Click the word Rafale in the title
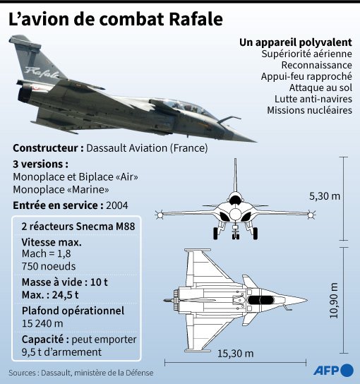point(196,19)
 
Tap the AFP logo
point(334,370)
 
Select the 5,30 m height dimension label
point(325,196)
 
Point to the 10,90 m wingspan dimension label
point(334,300)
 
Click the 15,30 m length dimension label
point(235,354)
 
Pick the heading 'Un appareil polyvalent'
point(296,42)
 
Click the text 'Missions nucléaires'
point(310,110)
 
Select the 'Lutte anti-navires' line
point(313,99)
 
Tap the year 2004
point(116,205)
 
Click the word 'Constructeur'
point(45,148)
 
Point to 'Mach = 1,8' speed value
point(47,253)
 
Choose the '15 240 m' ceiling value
point(42,323)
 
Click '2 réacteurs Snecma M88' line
point(78,227)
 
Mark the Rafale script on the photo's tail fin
point(42,72)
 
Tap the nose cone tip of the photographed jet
point(255,141)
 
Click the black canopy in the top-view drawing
point(261,300)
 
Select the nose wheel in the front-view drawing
point(235,236)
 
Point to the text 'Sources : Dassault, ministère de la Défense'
point(81,373)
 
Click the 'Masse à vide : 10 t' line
point(65,282)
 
